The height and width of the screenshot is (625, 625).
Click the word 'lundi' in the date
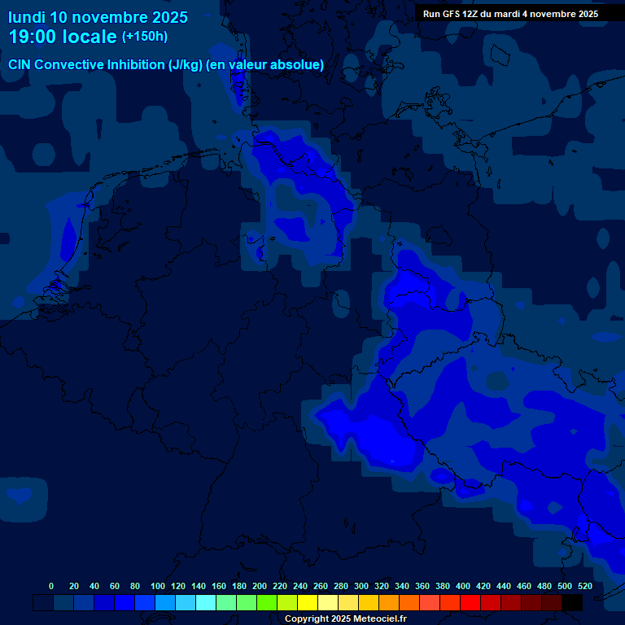pyautogui.click(x=26, y=17)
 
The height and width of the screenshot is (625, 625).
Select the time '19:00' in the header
pyautogui.click(x=33, y=37)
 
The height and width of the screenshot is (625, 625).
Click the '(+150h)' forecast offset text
pyautogui.click(x=144, y=37)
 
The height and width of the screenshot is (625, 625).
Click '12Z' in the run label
pyautogui.click(x=475, y=14)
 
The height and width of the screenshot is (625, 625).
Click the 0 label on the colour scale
pyautogui.click(x=51, y=586)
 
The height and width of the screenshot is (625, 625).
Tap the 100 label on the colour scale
pyautogui.click(x=158, y=586)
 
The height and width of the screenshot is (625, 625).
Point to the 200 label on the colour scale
pyautogui.click(x=260, y=586)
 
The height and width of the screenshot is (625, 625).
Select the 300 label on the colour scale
pyautogui.click(x=361, y=586)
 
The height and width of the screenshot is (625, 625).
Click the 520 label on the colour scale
pyautogui.click(x=585, y=586)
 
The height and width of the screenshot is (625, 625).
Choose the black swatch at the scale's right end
pyautogui.click(x=572, y=603)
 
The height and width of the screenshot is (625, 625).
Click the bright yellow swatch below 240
pyautogui.click(x=308, y=603)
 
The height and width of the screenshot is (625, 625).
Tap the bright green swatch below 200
pyautogui.click(x=267, y=603)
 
